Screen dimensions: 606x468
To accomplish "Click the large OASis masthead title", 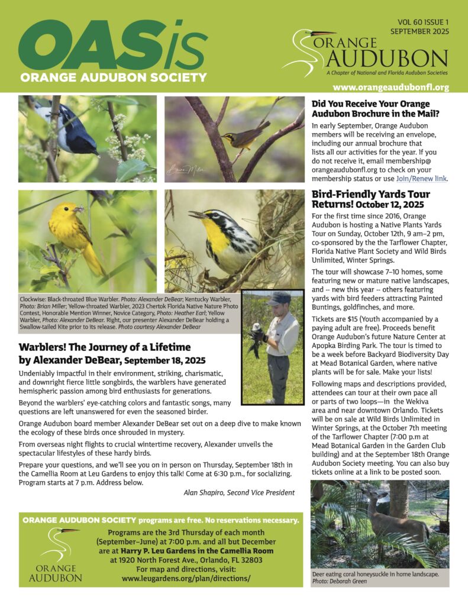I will coord(112,48).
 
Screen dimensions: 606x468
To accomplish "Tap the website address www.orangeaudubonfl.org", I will coord(391,88).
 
